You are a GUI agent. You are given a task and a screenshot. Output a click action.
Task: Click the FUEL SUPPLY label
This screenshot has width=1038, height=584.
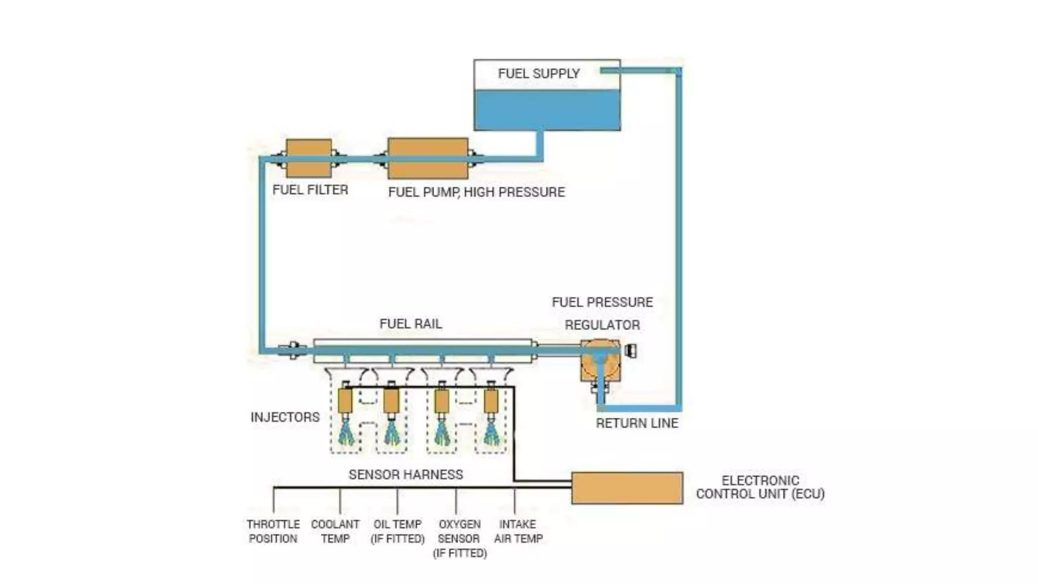click(538, 74)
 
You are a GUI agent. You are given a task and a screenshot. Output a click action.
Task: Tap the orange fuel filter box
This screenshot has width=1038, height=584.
click(309, 158)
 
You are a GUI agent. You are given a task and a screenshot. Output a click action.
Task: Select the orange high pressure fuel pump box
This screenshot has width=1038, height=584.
click(428, 158)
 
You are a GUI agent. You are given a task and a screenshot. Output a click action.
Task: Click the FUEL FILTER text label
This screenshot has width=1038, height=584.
click(310, 190)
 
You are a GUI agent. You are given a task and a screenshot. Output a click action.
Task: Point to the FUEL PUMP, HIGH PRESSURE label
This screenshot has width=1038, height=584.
click(476, 192)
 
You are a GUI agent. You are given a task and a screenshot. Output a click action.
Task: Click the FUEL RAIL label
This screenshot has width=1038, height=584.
click(411, 324)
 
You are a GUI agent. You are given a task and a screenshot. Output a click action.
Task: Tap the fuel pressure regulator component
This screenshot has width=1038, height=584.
click(600, 361)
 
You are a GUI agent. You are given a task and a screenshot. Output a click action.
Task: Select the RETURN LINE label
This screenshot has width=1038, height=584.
click(637, 423)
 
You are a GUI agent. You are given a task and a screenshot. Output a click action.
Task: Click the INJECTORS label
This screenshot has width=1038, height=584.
click(285, 417)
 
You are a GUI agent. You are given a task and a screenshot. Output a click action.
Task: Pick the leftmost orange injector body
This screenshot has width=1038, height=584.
click(345, 400)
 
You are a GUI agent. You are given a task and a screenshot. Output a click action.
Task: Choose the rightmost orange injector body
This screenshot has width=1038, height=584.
click(491, 400)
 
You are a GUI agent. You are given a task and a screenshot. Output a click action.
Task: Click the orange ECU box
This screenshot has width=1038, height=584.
click(627, 488)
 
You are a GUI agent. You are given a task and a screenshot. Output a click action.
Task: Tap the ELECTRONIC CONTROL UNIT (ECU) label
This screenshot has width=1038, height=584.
click(760, 487)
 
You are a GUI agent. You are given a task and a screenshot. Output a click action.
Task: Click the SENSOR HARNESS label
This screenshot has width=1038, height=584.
click(405, 474)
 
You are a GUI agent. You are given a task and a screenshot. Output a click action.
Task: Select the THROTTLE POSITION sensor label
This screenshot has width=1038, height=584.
click(273, 531)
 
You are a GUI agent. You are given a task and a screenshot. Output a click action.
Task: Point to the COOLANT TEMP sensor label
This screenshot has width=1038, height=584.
click(335, 531)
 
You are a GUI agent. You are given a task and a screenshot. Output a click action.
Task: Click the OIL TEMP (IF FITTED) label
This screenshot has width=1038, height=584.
click(397, 531)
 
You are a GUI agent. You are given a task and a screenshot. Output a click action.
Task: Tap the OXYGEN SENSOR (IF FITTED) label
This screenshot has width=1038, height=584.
click(460, 538)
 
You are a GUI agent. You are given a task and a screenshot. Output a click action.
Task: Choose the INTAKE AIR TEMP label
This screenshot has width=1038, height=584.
click(518, 531)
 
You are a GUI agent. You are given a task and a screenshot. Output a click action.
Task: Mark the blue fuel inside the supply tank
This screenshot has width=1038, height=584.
click(546, 109)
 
